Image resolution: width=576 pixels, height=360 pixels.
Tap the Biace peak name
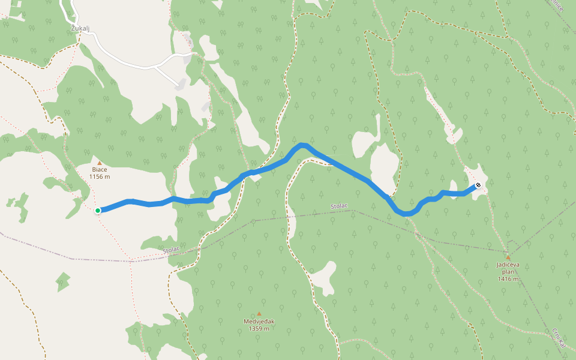[x=100, y=170]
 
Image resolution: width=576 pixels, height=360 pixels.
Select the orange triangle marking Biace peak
[x=100, y=163]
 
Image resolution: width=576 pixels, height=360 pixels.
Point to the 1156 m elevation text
[x=100, y=177]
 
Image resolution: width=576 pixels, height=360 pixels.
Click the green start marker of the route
[x=98, y=210]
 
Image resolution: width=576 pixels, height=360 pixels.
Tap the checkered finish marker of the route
[x=478, y=185]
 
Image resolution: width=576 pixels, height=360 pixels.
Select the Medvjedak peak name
[x=259, y=321]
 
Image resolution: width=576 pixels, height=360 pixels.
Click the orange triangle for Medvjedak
[x=259, y=314]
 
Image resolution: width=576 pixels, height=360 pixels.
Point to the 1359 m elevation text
[x=259, y=329]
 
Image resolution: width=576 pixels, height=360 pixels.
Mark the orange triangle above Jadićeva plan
[x=508, y=257]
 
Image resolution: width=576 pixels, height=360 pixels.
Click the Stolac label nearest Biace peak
[x=172, y=249]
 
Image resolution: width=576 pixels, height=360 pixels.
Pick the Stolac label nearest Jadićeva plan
[x=339, y=206]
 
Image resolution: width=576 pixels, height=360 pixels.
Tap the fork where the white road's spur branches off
[x=155, y=67]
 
